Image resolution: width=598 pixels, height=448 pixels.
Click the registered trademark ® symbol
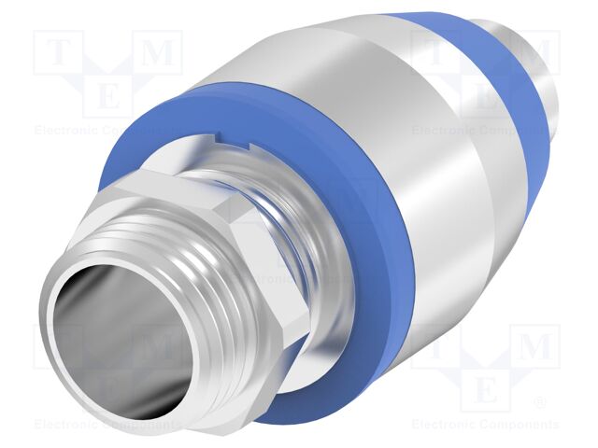point(539,403)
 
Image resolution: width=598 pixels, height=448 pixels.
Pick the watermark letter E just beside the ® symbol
point(486,387)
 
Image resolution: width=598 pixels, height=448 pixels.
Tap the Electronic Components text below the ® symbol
point(486,425)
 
